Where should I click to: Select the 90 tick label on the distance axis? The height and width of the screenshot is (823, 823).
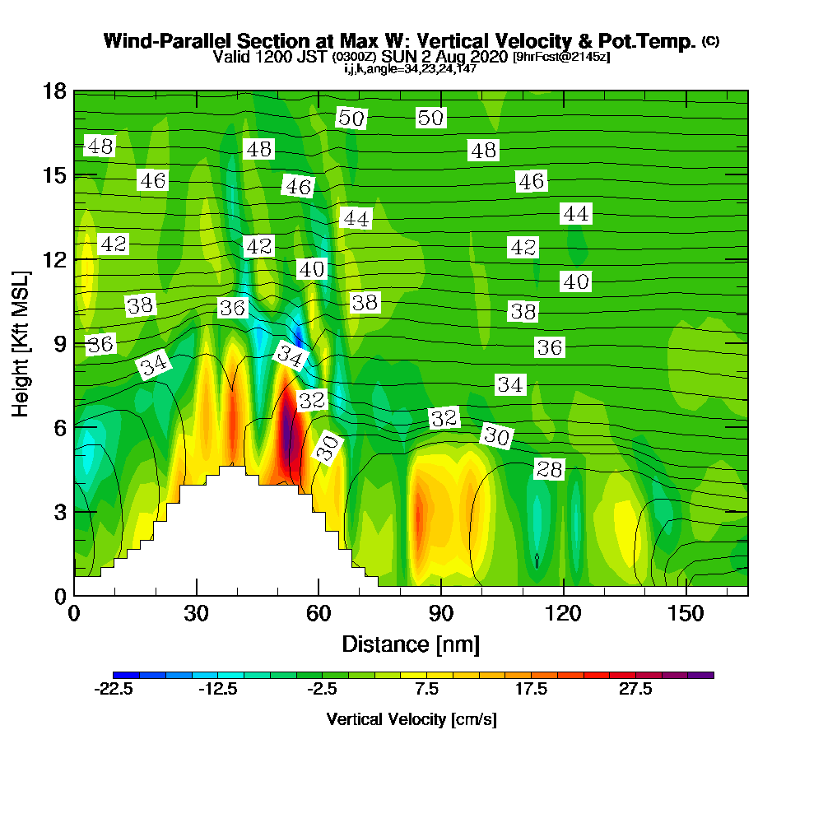coord(441,614)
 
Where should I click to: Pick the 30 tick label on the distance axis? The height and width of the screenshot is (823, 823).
coord(196,614)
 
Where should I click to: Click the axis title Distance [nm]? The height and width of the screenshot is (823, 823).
coord(411,643)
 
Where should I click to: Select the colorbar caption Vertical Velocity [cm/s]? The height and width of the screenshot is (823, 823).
coord(411,719)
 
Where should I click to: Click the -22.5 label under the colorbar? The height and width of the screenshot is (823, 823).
coord(114,690)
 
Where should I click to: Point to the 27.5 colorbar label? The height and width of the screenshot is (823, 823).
coord(636,690)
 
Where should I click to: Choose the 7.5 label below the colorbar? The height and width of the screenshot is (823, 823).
coord(427,690)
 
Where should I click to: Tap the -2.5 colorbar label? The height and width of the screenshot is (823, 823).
coord(323,690)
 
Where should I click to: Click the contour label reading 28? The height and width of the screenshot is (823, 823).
coord(549,469)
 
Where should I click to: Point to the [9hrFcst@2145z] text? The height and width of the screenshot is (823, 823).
coord(560,58)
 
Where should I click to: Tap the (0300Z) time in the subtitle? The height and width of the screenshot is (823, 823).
coord(355,58)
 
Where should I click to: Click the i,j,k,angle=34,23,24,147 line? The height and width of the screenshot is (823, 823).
coord(411,69)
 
